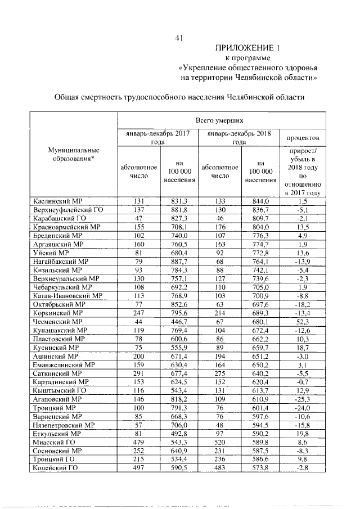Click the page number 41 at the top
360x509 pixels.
[180, 38]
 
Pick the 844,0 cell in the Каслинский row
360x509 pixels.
[260, 201]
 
